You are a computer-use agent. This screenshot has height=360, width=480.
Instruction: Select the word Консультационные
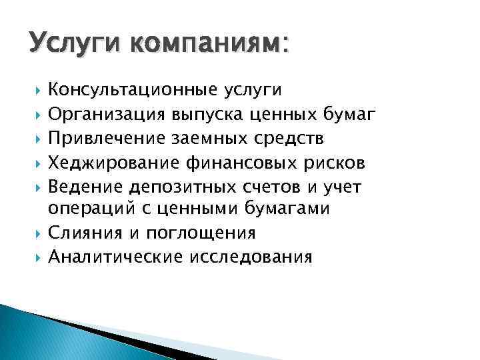pyautogui.click(x=128, y=89)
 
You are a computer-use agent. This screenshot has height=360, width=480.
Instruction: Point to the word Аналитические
pyautogui.click(x=112, y=257)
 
